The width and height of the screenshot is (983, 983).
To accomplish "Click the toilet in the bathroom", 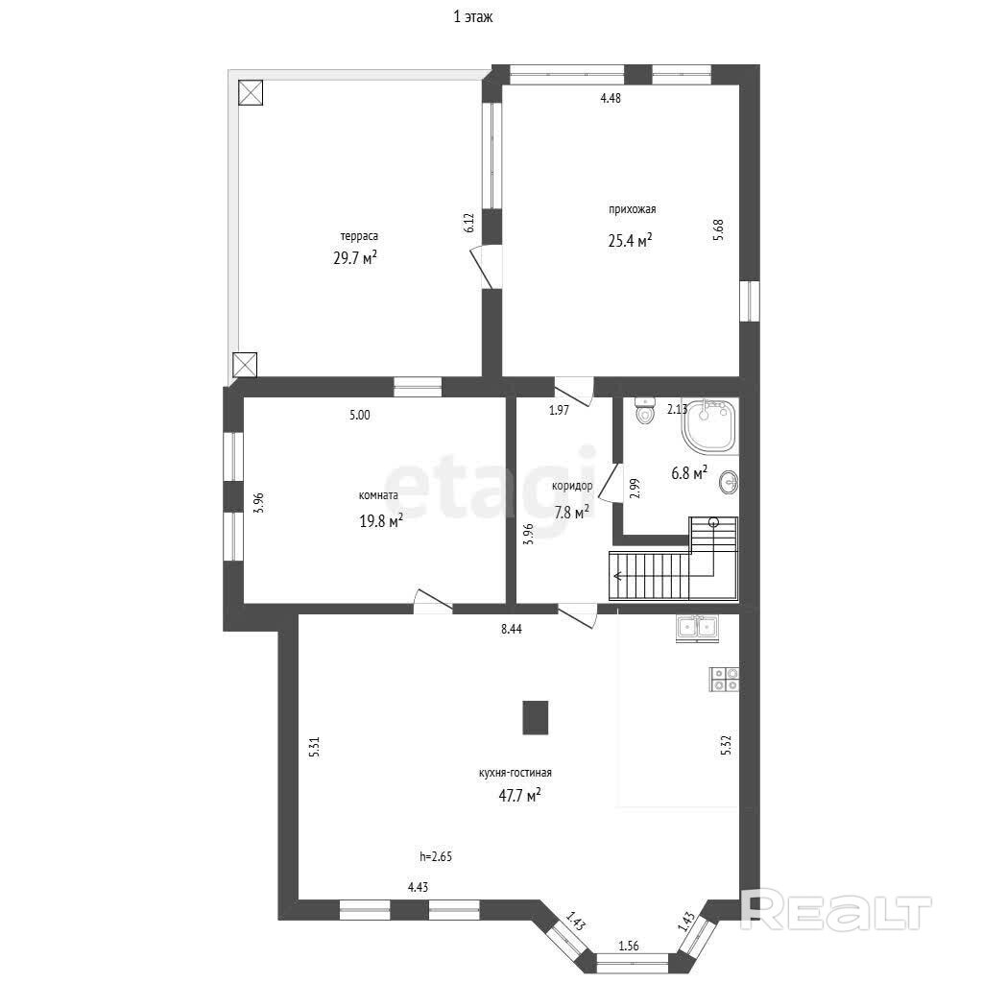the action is click(x=644, y=411).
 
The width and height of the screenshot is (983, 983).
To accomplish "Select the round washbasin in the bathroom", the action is click(x=730, y=482).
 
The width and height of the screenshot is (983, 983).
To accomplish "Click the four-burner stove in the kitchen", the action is click(x=724, y=679).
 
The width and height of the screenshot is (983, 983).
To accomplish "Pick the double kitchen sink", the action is click(x=699, y=628).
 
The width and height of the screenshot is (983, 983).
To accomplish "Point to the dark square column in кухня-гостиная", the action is click(x=536, y=717).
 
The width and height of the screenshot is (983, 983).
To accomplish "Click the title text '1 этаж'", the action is click(x=473, y=17).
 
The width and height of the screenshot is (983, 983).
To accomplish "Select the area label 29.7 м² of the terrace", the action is click(x=355, y=257).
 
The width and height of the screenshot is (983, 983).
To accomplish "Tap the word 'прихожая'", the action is click(x=632, y=209).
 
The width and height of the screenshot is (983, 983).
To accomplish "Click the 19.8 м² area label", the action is click(x=381, y=521).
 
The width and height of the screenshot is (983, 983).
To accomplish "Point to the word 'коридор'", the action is click(x=572, y=486).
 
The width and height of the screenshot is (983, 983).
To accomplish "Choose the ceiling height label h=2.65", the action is click(x=436, y=856).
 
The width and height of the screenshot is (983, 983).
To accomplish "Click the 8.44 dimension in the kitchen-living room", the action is click(x=512, y=629).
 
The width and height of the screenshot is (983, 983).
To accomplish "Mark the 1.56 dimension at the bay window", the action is click(x=628, y=946).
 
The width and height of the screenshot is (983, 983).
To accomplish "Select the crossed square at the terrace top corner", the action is click(x=251, y=93).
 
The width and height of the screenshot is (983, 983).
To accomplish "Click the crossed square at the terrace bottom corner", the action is click(x=245, y=365).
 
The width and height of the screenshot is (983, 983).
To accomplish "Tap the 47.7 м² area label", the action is click(x=519, y=796).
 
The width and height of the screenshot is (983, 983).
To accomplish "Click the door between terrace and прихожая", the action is click(x=487, y=267).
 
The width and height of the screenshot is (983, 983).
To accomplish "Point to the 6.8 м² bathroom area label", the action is click(x=689, y=472).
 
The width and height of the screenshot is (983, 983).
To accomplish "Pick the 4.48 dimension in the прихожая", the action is click(x=611, y=98).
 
